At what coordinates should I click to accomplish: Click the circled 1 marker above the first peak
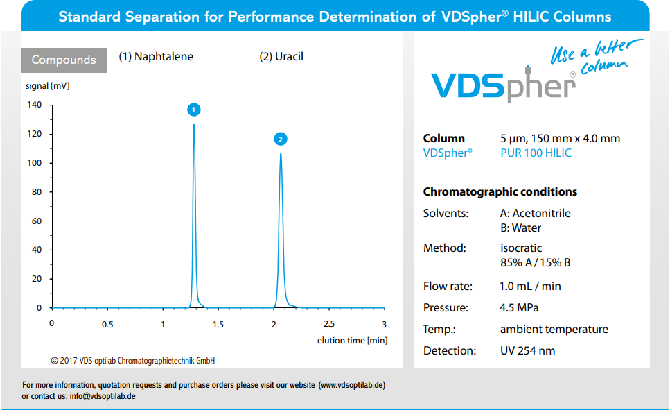point(194,110)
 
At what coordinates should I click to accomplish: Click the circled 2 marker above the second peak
point(280,139)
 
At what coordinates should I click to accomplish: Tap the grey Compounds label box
point(64,60)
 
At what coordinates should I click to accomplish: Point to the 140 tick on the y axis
point(35,105)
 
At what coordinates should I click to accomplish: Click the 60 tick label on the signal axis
point(37,221)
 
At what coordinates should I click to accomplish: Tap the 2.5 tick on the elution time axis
point(328,324)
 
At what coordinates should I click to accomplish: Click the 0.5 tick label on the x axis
point(107,324)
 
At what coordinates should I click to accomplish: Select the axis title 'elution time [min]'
point(352,340)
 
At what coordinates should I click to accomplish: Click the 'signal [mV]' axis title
point(48,86)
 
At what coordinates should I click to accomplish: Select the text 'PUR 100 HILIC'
point(536,153)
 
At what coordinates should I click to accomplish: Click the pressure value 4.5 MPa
point(519,307)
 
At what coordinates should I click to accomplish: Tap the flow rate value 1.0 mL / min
point(530,286)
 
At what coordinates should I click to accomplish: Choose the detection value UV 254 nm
point(527,350)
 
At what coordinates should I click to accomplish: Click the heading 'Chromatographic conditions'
point(500,191)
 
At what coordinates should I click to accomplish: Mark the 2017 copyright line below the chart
point(133,361)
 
